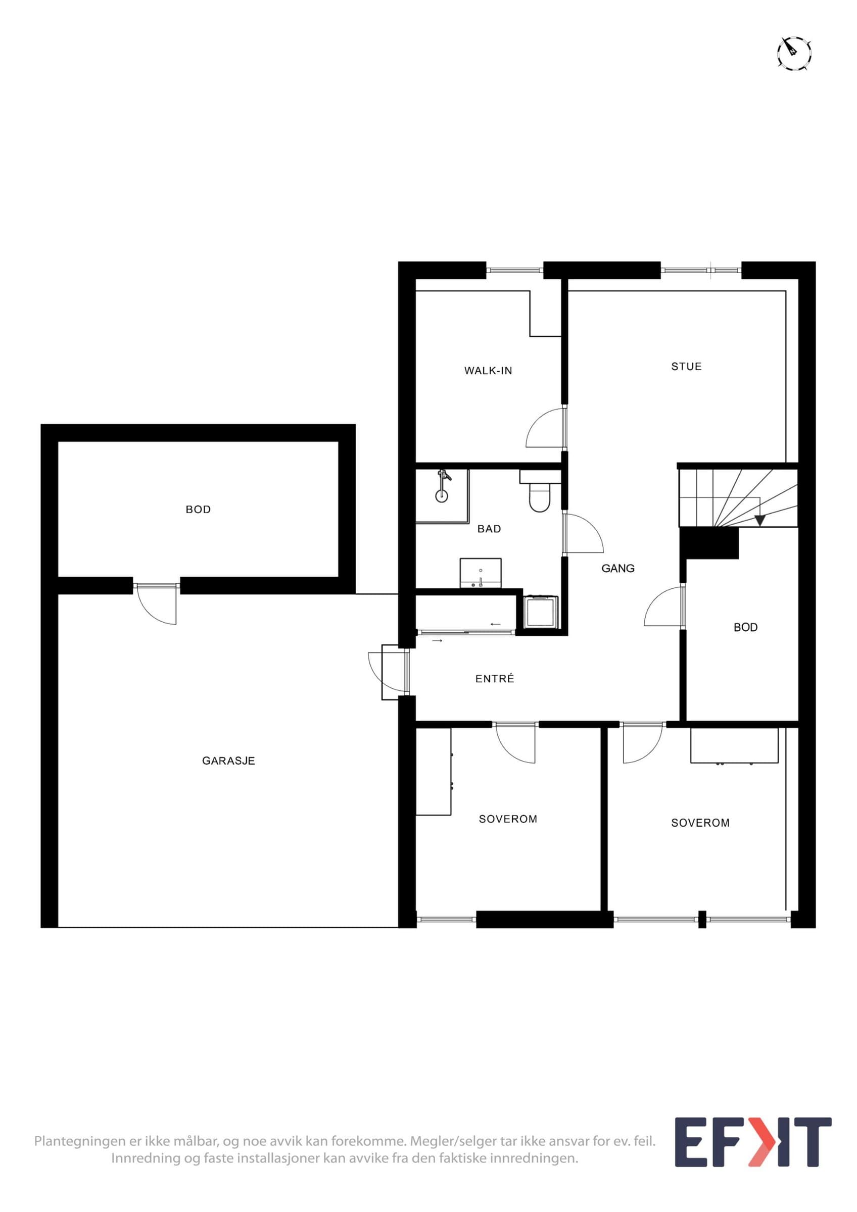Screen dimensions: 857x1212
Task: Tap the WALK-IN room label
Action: [x=488, y=371]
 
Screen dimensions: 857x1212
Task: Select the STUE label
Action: [x=686, y=366]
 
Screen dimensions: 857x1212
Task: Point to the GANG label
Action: [x=618, y=569]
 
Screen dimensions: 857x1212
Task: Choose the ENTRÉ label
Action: [x=495, y=679]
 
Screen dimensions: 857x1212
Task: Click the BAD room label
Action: [x=489, y=529]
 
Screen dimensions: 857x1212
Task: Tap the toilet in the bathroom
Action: [x=540, y=497]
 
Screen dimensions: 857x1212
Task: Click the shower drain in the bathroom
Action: [x=442, y=496]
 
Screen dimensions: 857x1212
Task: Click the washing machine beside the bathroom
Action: [x=541, y=613]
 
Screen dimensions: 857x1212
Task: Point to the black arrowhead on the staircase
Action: [x=760, y=520]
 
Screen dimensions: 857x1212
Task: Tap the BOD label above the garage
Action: [x=198, y=510]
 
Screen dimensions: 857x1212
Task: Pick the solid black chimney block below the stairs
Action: [x=709, y=543]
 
